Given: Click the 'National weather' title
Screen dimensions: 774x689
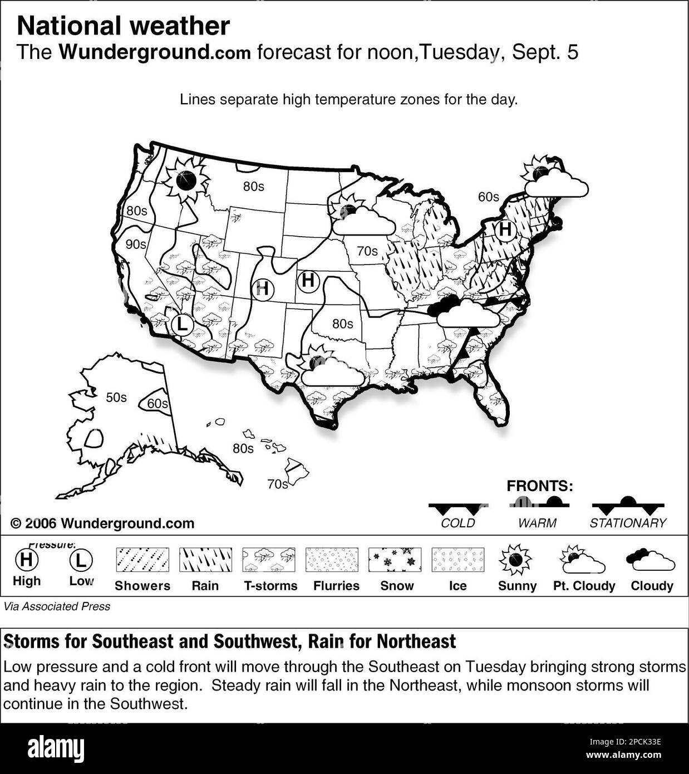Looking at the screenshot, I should click(123, 26).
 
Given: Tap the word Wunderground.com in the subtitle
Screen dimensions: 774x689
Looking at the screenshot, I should click(155, 52).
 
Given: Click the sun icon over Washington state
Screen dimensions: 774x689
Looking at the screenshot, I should click(185, 179).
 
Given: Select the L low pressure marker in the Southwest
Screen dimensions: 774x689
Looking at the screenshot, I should click(182, 324).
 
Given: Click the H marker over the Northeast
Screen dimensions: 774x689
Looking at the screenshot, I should click(505, 229).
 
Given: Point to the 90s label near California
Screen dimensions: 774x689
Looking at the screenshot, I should click(136, 244).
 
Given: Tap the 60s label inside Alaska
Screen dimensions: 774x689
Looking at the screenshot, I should click(158, 403).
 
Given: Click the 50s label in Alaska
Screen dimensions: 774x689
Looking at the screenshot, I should click(116, 398).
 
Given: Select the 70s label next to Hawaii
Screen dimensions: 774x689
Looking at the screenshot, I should click(277, 484).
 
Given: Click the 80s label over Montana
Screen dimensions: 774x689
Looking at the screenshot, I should click(253, 187).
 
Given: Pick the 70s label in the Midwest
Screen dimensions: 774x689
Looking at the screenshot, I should click(367, 251).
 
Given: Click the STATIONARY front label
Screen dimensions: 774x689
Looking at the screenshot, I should click(628, 523).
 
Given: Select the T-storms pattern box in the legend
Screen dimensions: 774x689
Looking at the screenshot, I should click(269, 560).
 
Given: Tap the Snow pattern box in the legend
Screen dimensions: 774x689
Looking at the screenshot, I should click(395, 560).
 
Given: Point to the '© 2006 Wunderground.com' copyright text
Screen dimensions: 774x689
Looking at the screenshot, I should click(102, 523).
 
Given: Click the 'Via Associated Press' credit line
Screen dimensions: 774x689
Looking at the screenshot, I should click(57, 606).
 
